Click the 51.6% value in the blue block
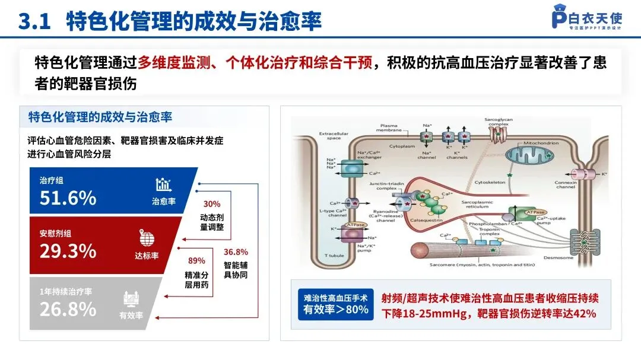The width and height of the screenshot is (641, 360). (68, 197)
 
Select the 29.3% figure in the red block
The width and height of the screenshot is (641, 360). (68, 251)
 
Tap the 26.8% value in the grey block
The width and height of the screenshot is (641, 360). (68, 308)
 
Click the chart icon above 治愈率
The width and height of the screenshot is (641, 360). (163, 184)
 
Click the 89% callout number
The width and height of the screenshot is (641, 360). (196, 260)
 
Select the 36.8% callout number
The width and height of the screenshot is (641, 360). (236, 252)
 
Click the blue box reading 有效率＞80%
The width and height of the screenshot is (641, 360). (335, 304)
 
